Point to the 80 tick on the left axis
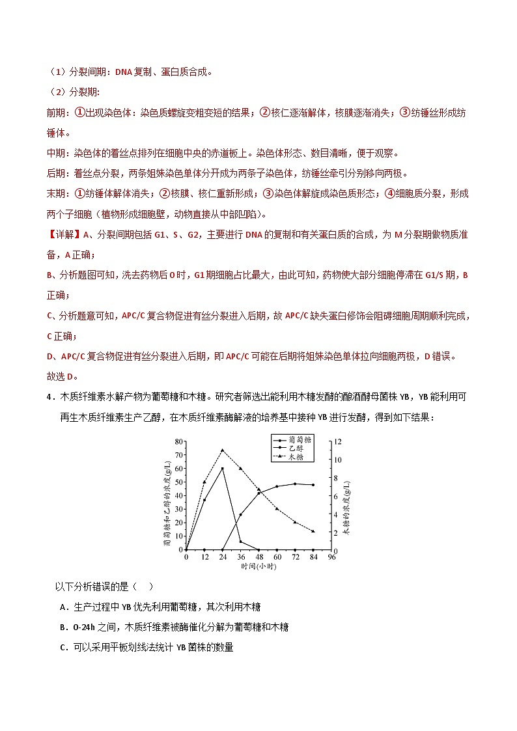pos(179,442)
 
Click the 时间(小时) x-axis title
pos(258,567)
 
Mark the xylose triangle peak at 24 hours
pos(223,450)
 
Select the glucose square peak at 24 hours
pos(223,469)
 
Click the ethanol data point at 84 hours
pos(313,484)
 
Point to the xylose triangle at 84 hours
pos(313,531)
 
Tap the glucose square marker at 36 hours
pos(240,542)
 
